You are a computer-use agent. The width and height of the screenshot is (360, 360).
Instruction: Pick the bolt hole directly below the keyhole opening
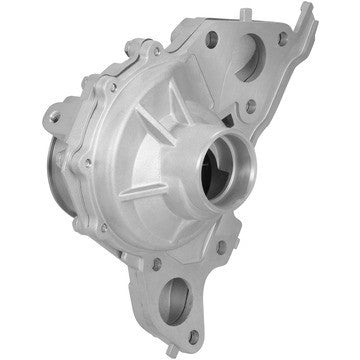pos(250,103)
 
